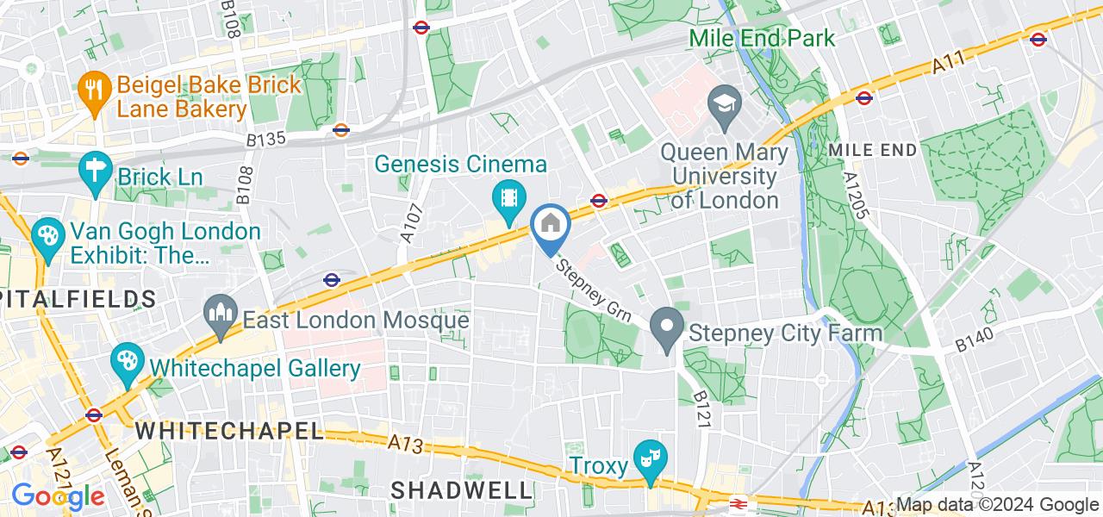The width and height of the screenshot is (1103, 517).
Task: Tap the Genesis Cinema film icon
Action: point(509,199)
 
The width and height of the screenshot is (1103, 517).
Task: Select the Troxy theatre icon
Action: point(647,458)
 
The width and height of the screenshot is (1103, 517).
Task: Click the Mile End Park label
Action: point(763,38)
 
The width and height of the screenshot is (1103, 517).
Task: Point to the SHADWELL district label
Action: point(461,490)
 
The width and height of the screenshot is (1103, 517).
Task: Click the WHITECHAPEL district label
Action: point(229,430)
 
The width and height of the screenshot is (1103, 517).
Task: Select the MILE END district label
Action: point(872,150)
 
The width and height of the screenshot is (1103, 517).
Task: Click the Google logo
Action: point(57,496)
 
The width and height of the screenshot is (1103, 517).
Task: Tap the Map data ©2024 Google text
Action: point(997,505)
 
